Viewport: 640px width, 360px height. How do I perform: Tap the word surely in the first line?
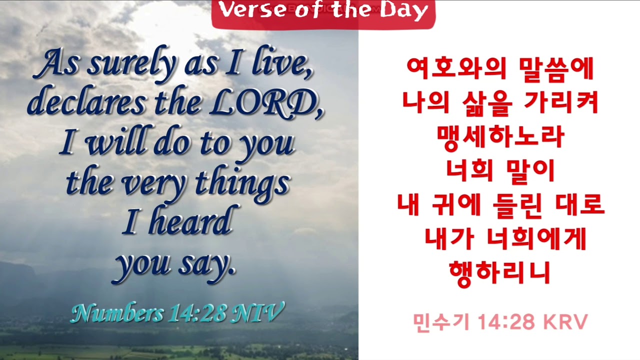[x=131, y=65]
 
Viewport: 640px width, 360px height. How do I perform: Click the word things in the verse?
[x=242, y=183]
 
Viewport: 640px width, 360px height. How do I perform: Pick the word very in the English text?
[x=157, y=183]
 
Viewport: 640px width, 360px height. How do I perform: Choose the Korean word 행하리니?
[x=500, y=272]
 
